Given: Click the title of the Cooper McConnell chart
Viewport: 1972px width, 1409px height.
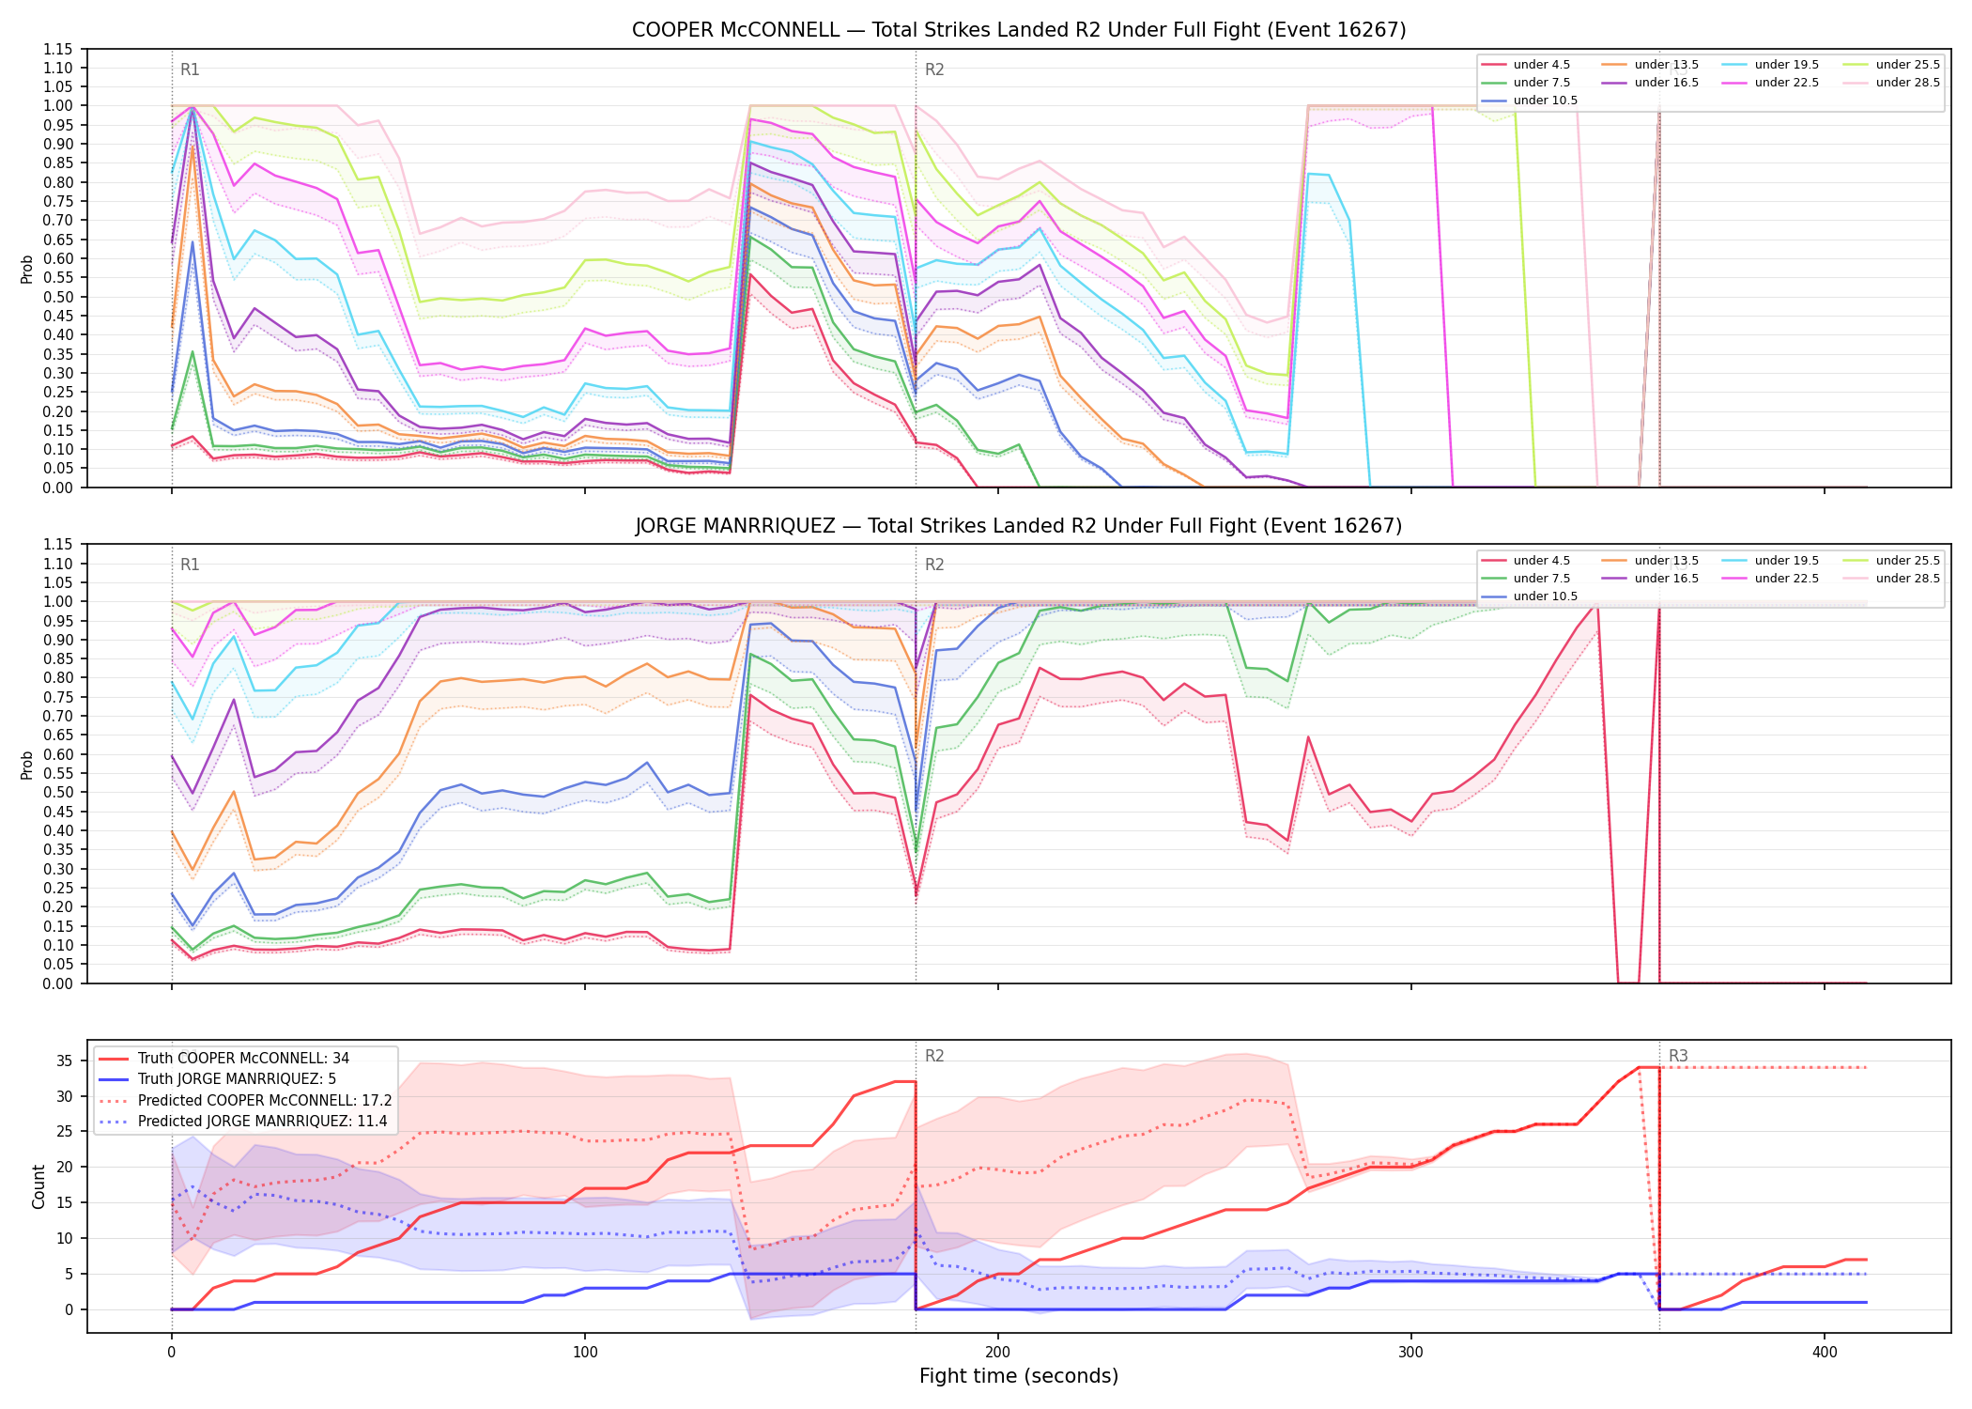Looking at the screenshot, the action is pos(1019,30).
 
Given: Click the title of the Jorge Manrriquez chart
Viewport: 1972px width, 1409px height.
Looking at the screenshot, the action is pos(1019,526).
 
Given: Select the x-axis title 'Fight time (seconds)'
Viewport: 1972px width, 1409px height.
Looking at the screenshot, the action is pos(1019,1376).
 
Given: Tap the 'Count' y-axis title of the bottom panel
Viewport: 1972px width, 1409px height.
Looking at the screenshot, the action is pos(39,1186).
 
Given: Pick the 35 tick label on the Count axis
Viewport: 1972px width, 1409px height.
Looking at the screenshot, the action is pos(64,1061).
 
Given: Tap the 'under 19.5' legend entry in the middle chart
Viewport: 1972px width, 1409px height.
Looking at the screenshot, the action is pos(1771,561).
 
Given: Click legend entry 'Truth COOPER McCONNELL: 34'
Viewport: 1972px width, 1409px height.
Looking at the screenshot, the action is pos(223,1059).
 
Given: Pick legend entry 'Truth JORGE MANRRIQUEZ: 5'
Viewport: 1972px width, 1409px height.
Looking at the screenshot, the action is pos(217,1079).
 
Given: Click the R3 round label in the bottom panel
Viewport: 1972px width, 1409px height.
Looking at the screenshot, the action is pos(1678,1056).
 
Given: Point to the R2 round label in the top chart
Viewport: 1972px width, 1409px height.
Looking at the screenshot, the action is pos(934,70).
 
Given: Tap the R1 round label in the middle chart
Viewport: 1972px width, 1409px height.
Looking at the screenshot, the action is pos(190,565).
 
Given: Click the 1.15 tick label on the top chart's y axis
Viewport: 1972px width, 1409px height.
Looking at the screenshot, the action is pos(58,49).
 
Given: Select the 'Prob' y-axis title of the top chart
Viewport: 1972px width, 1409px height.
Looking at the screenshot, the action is pos(27,269).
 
